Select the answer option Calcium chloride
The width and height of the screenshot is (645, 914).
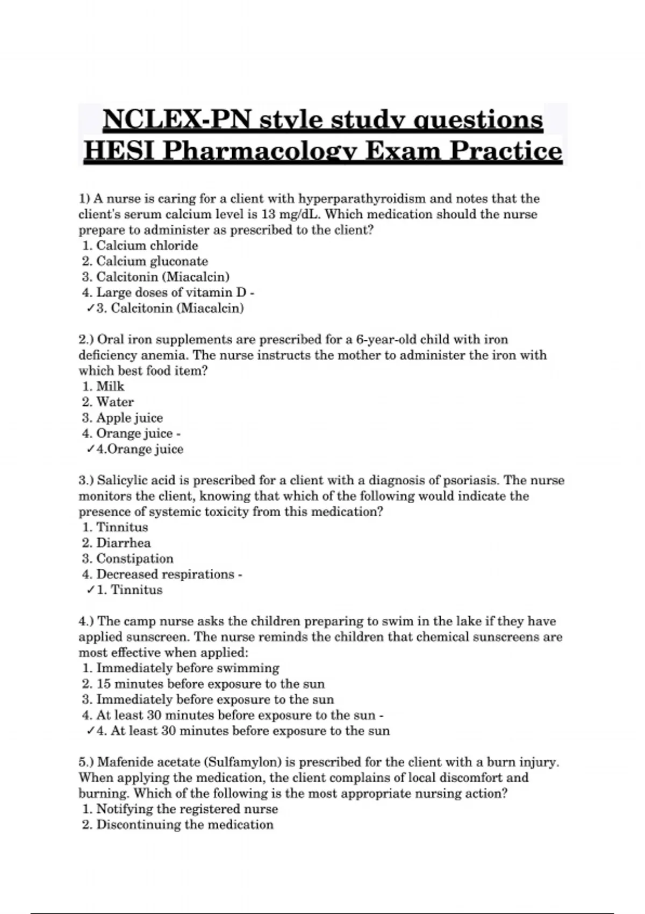point(147,246)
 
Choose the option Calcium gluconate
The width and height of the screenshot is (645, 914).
point(152,261)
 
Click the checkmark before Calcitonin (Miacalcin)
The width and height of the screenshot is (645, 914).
point(90,309)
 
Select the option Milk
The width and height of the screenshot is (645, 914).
point(110,387)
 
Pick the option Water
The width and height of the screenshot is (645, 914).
point(115,402)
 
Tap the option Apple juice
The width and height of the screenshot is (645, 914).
point(129,418)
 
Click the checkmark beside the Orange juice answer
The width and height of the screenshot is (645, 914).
point(90,449)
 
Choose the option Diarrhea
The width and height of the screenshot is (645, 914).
point(124,543)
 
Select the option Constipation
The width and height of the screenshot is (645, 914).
point(134,559)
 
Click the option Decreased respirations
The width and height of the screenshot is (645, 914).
point(165,574)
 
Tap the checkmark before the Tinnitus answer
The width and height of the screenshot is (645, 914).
point(90,590)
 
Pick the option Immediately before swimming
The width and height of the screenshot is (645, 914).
point(188,668)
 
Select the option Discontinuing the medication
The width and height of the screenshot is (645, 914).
point(184,825)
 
